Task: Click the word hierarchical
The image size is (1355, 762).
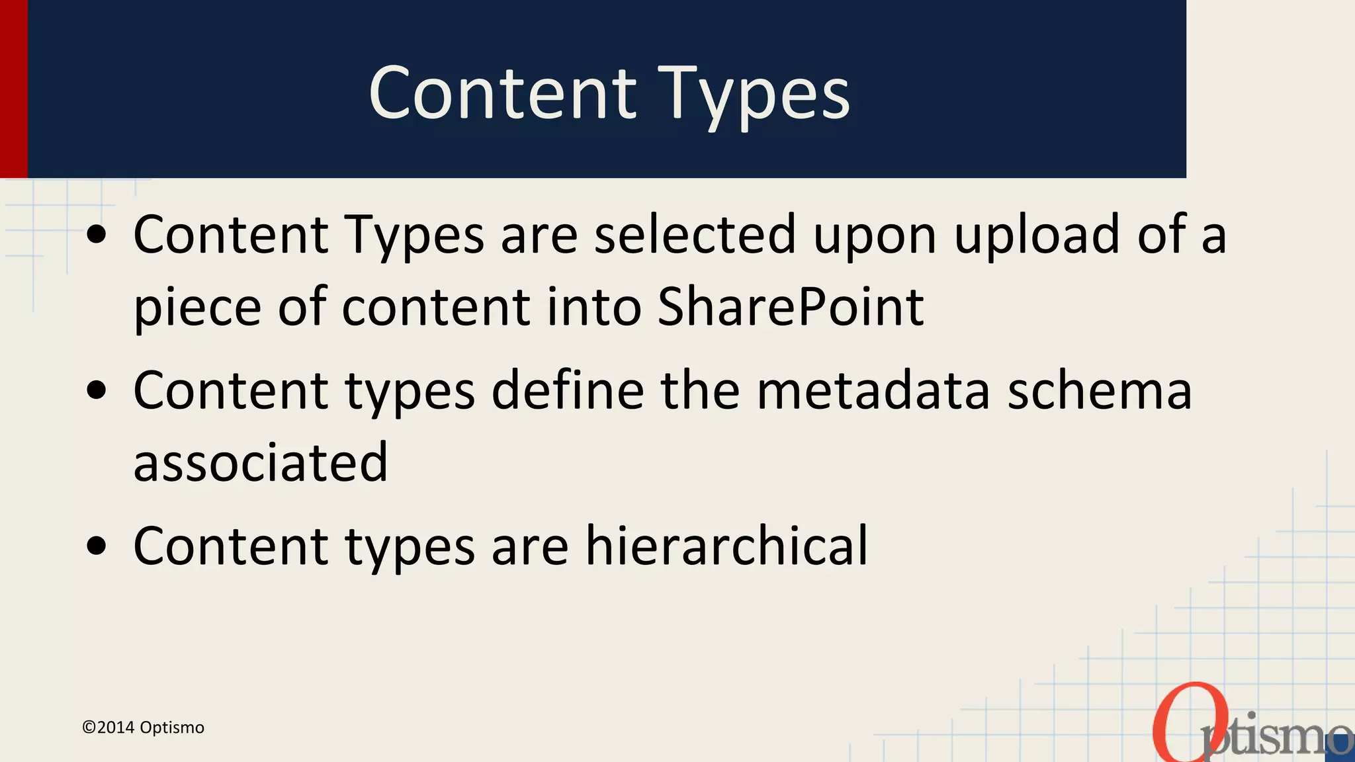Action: [726, 546]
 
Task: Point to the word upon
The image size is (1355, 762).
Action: [875, 237]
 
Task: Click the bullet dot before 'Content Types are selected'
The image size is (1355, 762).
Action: [97, 235]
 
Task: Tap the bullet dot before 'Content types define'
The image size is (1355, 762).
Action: [97, 391]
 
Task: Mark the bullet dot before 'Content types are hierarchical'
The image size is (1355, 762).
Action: [97, 547]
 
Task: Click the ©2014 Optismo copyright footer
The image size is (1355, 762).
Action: [143, 728]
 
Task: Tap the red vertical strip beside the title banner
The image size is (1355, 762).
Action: [13, 89]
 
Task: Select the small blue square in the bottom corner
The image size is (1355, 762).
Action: [1343, 747]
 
